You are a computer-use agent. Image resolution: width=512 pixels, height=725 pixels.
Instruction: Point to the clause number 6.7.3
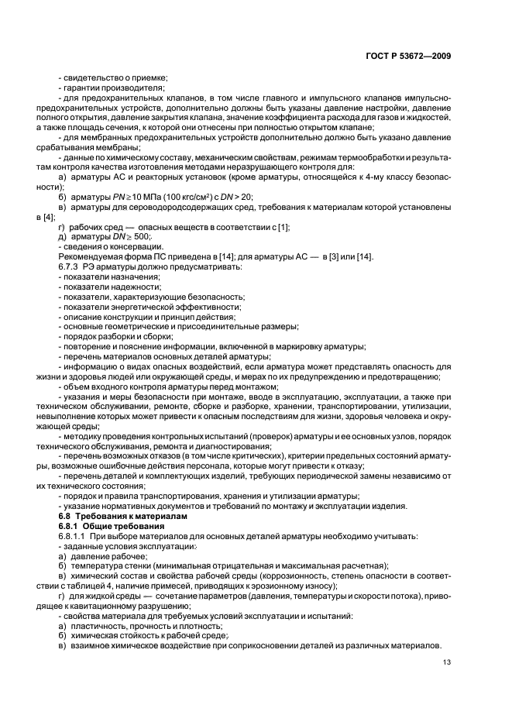point(70,266)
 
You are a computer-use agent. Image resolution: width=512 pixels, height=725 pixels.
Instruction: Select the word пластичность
point(98,624)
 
